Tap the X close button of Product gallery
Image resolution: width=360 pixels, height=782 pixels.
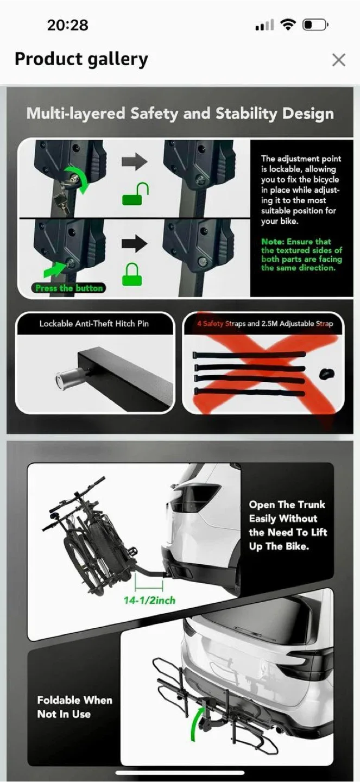(x=338, y=60)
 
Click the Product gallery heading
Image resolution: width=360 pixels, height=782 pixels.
(x=81, y=59)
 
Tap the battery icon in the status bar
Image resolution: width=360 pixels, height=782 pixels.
(x=314, y=25)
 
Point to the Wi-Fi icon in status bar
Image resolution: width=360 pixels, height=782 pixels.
(x=288, y=24)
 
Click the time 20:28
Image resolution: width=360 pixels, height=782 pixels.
(x=67, y=25)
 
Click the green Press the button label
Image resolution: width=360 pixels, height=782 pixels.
(x=69, y=288)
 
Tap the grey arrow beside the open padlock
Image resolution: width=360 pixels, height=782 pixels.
(x=134, y=161)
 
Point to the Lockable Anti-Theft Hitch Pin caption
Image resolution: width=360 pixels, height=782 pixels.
(x=94, y=324)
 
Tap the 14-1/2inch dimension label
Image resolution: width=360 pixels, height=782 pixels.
(x=149, y=600)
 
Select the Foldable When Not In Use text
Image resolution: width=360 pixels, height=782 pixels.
(x=74, y=707)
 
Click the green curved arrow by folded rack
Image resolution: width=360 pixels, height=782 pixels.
(x=197, y=722)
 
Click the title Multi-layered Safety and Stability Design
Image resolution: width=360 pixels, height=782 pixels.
(x=180, y=113)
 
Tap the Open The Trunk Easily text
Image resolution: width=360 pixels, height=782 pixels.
(x=288, y=525)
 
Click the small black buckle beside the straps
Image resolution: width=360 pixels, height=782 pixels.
(x=326, y=374)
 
